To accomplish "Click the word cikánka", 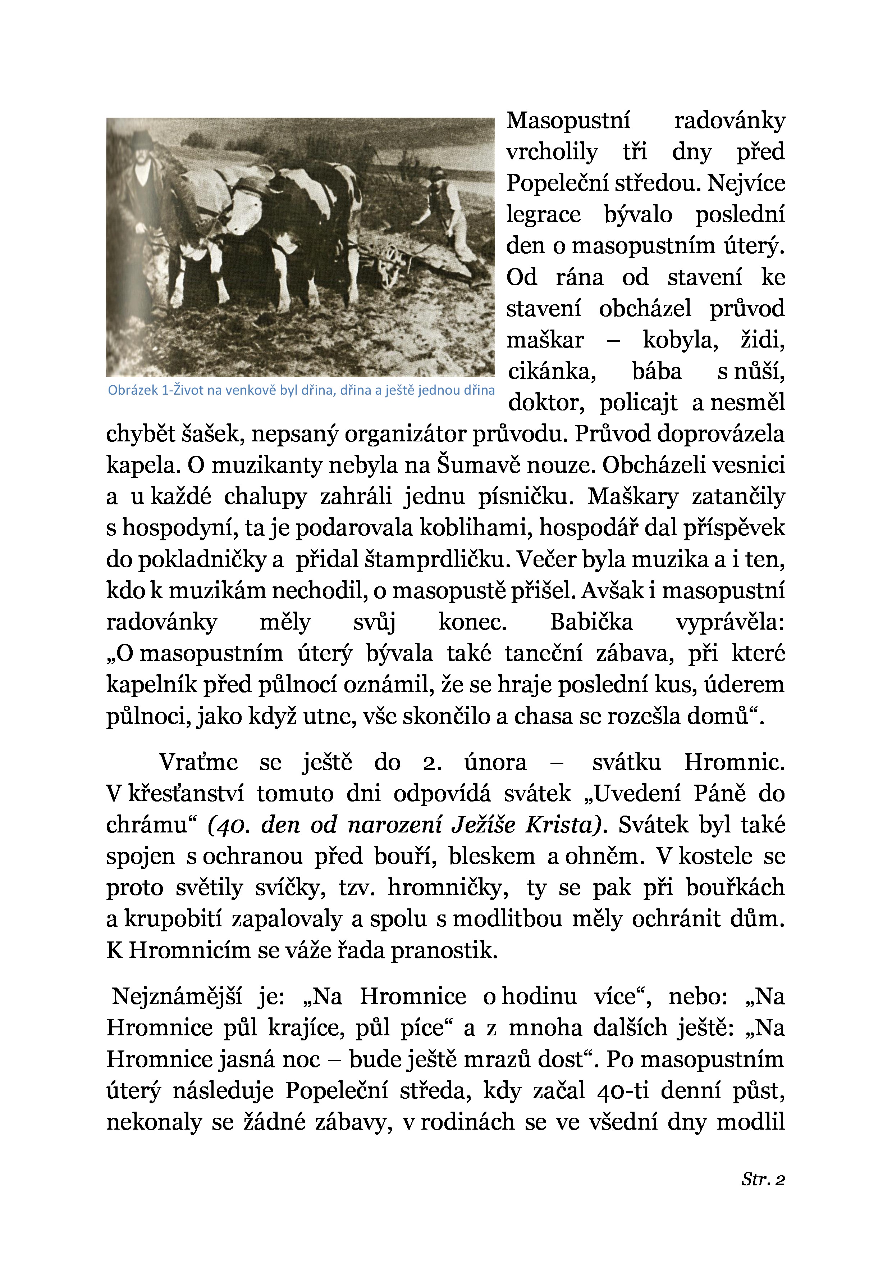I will click(x=552, y=372).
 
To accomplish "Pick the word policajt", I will click(x=638, y=403).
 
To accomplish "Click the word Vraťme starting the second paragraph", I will click(x=198, y=762).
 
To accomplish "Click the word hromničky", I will click(x=448, y=888).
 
